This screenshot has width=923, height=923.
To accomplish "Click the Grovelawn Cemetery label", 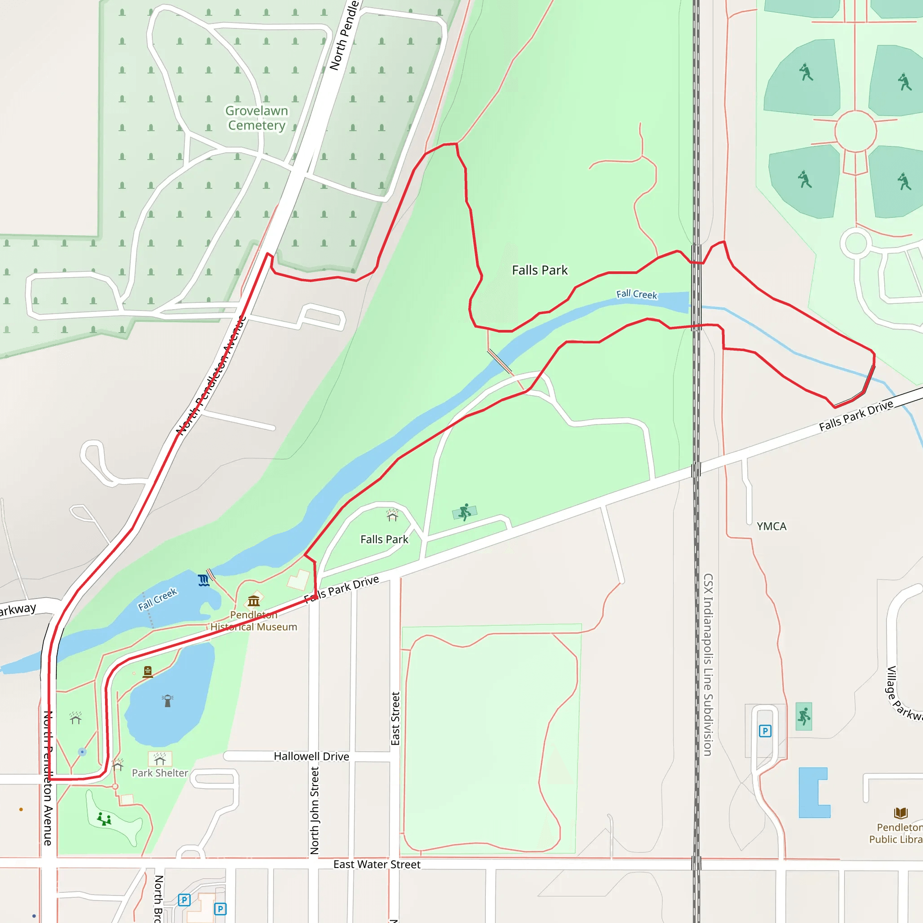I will click(x=256, y=118).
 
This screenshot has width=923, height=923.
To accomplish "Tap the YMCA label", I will click(x=771, y=526).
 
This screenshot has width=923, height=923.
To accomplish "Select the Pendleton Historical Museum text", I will click(x=254, y=621).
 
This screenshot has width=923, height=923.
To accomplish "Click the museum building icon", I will click(x=254, y=600).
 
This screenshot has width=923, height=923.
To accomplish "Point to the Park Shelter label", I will click(x=160, y=772).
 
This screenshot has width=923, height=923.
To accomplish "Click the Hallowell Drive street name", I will click(x=311, y=756).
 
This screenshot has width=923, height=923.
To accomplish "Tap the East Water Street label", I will click(x=376, y=864).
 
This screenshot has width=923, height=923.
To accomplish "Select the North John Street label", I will click(x=315, y=811).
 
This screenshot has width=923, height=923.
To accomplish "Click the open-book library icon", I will click(x=900, y=813).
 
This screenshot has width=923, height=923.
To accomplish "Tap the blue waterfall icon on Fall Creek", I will click(x=204, y=580).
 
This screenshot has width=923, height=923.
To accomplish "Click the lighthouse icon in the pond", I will click(x=167, y=700).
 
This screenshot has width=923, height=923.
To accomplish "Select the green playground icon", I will click(x=104, y=819).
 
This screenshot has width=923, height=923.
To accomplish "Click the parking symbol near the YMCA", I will click(x=765, y=731).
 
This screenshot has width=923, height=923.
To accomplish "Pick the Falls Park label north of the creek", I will click(x=540, y=270).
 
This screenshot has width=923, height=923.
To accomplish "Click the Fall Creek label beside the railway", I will click(x=636, y=294).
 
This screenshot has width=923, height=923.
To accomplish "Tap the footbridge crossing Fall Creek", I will click(x=500, y=361).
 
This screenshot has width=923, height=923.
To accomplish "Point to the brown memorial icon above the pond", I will click(x=148, y=672).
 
